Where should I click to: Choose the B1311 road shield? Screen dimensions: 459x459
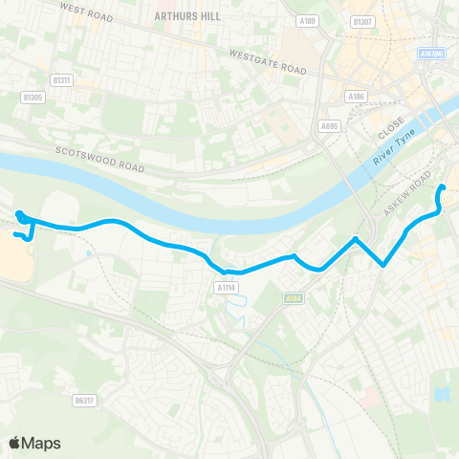point(61,79)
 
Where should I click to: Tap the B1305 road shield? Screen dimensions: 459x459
point(33,97)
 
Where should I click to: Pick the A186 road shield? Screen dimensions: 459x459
point(357,96)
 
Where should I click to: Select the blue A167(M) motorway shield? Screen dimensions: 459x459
point(431,55)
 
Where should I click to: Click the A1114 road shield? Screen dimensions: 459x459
point(226,286)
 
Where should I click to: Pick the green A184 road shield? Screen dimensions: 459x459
point(293,298)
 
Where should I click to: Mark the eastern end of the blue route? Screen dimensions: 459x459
point(442,187)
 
